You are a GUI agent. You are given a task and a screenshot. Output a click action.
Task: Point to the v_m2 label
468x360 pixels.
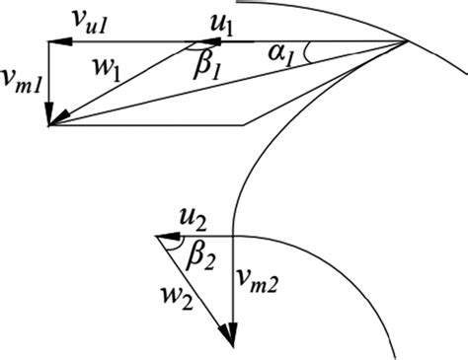261,285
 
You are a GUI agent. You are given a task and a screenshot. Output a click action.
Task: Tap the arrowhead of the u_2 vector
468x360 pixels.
165,237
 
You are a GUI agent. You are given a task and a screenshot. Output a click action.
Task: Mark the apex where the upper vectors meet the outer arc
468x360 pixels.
409,41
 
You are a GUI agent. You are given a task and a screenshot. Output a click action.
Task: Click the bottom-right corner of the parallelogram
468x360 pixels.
243,125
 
